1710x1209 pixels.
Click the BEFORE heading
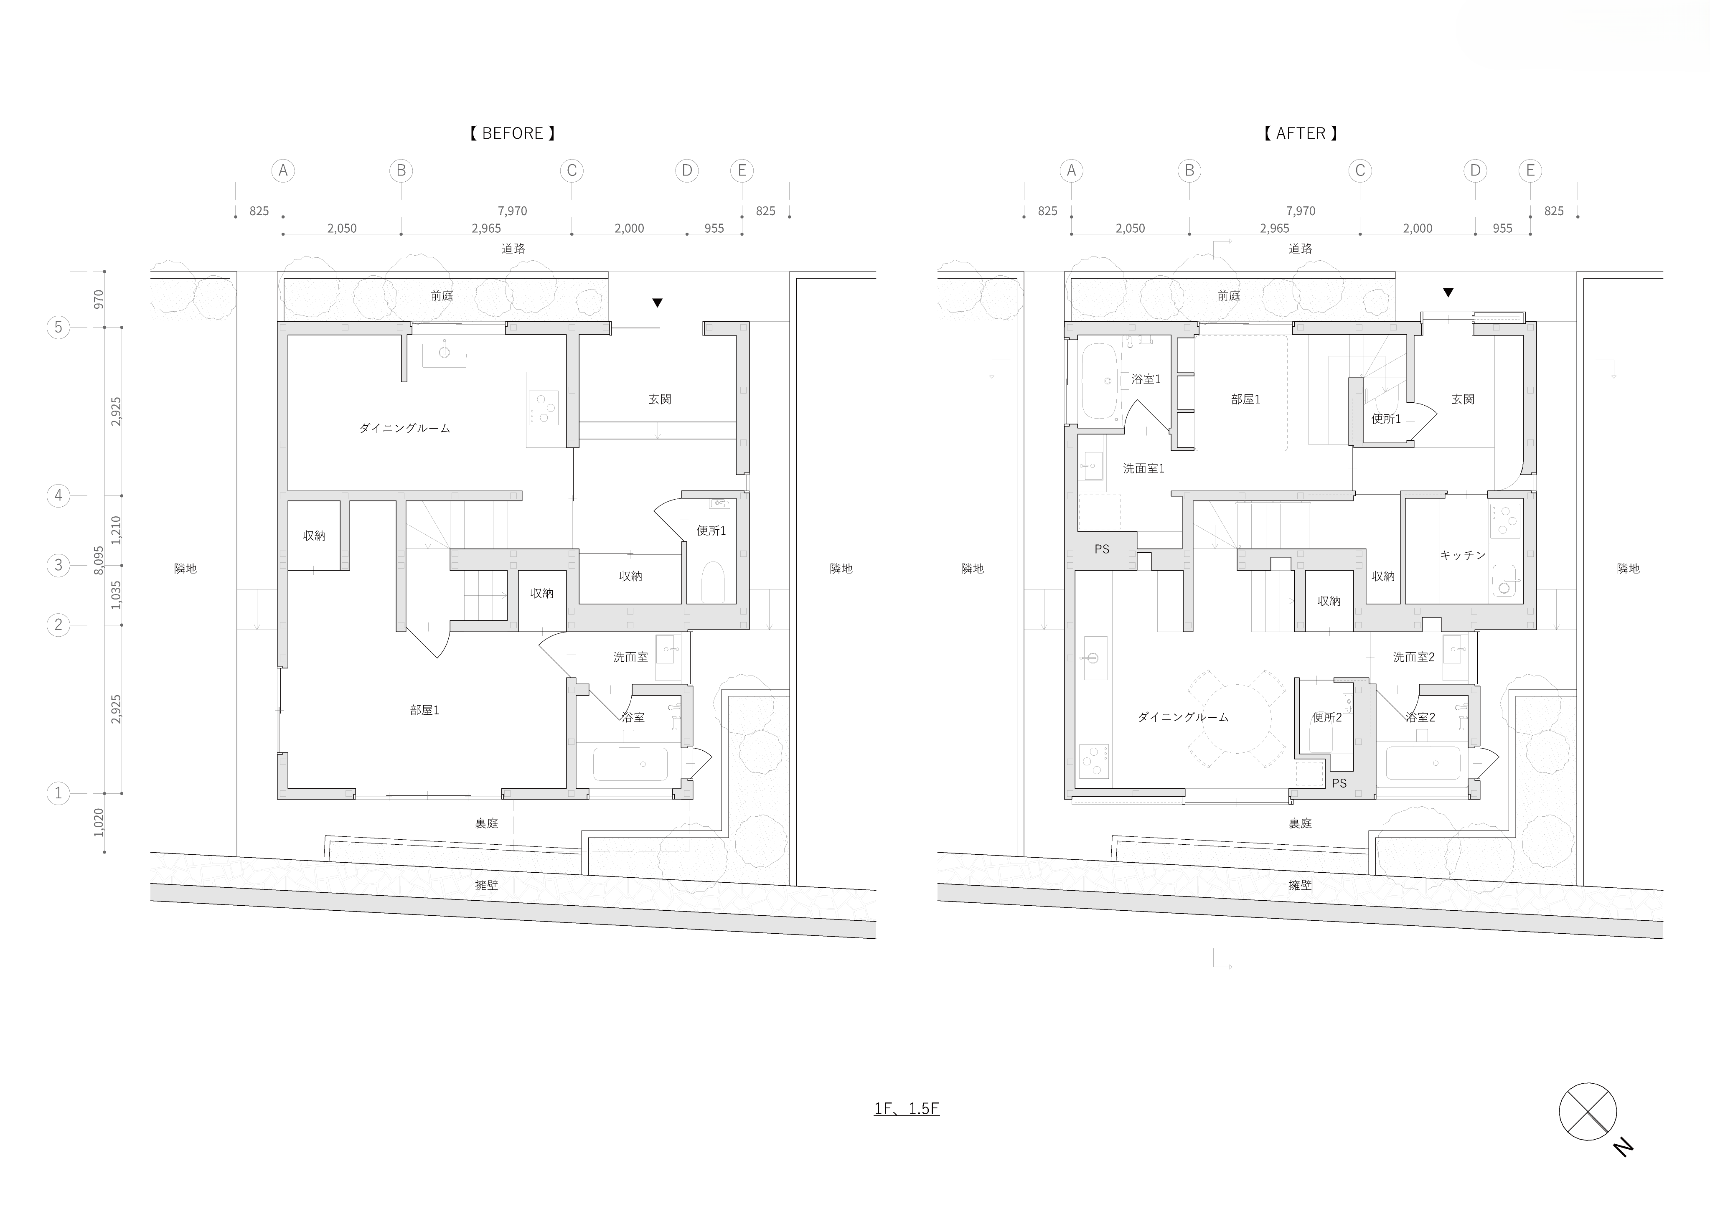tap(512, 133)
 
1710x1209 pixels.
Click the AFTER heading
tap(1301, 133)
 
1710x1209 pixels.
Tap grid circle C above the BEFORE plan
tap(571, 170)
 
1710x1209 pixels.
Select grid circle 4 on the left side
tap(58, 495)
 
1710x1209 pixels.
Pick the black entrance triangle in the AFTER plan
tap(1448, 293)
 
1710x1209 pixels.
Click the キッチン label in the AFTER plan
tap(1463, 555)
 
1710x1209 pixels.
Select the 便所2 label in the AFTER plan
tap(1326, 717)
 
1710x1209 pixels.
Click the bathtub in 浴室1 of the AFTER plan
tap(1098, 381)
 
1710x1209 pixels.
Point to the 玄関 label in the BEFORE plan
tap(659, 399)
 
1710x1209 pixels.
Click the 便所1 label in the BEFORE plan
tap(711, 531)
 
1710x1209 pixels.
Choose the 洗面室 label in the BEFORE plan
tap(630, 657)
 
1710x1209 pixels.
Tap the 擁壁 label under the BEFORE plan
tap(486, 885)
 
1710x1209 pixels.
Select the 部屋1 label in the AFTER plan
tap(1245, 399)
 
